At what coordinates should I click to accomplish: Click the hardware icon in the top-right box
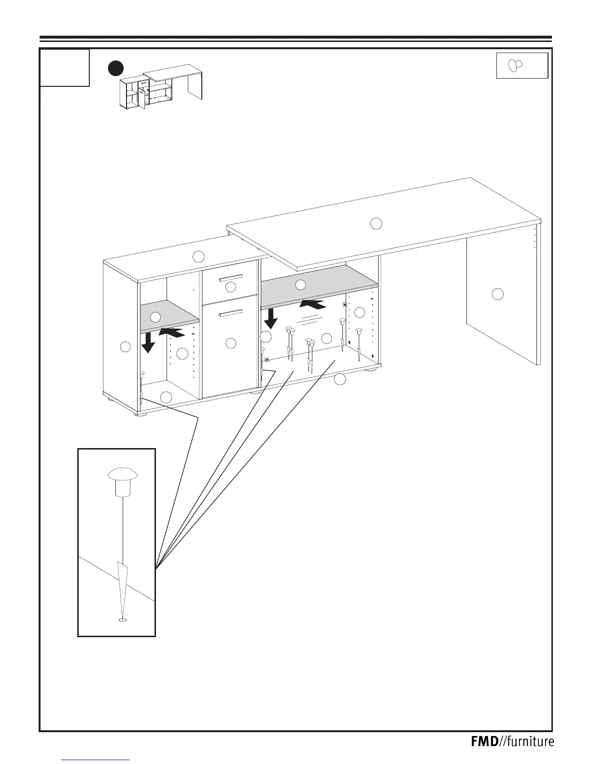point(516,66)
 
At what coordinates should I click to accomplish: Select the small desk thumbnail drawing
point(161,87)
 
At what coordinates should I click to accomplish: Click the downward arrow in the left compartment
point(148,342)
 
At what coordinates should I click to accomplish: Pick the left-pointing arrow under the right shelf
point(312,304)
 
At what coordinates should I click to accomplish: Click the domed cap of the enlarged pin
point(123,474)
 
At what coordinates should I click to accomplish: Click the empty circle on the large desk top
point(376,223)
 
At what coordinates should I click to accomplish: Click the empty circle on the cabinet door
point(231,343)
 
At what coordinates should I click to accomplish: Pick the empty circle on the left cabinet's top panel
point(198,256)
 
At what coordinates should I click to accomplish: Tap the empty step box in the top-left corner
point(65,68)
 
